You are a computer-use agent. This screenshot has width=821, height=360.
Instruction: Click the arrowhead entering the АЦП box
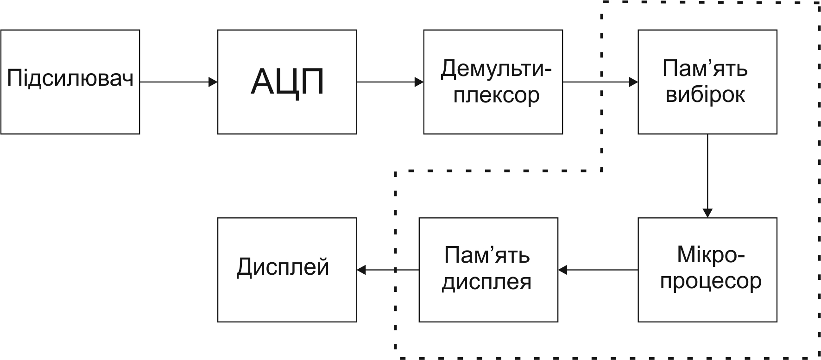tap(213, 82)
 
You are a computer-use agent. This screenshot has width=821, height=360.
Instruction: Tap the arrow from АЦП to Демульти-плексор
tap(390, 82)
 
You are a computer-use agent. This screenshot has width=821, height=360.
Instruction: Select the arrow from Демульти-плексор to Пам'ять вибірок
tap(600, 82)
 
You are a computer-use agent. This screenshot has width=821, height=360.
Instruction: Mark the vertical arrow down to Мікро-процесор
tap(707, 176)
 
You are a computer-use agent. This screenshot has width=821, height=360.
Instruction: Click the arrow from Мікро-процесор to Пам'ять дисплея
tap(598, 269)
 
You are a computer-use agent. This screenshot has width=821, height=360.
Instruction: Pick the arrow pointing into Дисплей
tap(387, 269)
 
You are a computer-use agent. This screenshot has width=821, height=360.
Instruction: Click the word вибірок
tap(705, 95)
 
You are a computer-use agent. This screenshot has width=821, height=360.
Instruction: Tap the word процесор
tap(711, 281)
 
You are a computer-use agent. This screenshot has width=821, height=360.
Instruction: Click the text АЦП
tap(287, 82)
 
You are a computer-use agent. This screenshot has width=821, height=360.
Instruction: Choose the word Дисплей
tap(283, 267)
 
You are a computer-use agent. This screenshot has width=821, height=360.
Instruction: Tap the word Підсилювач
tap(70, 79)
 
